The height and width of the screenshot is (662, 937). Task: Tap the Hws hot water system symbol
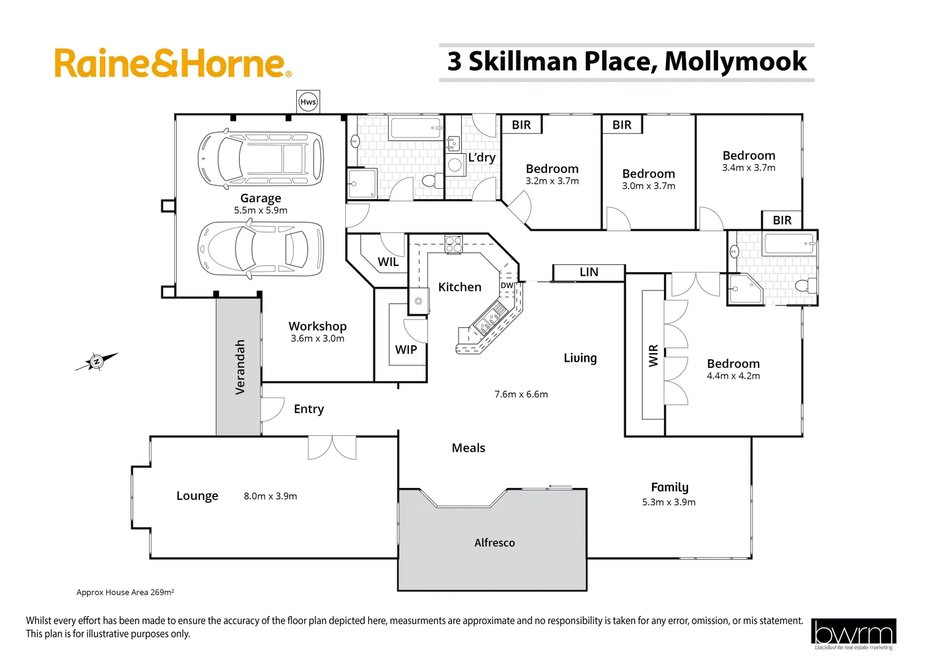click(308, 102)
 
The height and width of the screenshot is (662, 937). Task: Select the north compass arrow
click(96, 362)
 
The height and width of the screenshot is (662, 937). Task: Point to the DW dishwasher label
click(507, 286)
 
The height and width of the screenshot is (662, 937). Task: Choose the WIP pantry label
click(406, 349)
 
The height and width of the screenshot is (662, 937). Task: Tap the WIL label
click(388, 262)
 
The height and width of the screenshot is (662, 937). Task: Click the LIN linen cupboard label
click(589, 272)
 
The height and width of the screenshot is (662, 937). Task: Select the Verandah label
click(240, 367)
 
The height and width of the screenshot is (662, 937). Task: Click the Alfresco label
click(494, 542)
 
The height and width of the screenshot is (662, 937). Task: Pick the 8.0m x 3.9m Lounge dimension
click(270, 496)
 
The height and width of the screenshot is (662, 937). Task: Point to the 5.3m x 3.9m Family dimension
click(668, 502)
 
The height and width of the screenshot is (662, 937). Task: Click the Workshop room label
click(318, 326)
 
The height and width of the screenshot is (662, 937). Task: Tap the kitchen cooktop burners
click(454, 244)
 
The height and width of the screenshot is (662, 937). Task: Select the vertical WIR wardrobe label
click(653, 356)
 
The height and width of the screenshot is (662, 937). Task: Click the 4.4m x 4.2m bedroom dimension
click(733, 376)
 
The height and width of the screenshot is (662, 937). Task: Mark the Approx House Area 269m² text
click(125, 592)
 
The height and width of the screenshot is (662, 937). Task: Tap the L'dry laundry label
click(481, 158)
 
